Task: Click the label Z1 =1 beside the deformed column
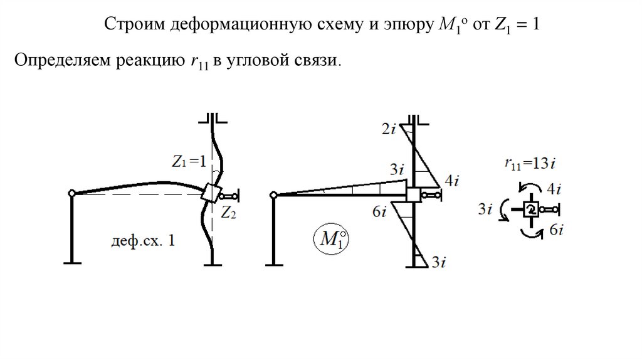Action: (188, 161)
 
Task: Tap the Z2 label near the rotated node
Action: (228, 213)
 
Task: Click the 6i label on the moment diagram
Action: (379, 213)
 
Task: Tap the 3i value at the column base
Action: (438, 262)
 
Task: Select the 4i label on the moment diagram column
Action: (452, 181)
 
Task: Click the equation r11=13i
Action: (530, 164)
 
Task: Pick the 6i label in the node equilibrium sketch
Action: (555, 231)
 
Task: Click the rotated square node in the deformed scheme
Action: (210, 193)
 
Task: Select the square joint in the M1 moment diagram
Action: (413, 195)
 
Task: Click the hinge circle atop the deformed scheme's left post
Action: (72, 193)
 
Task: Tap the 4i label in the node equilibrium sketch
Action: (554, 187)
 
